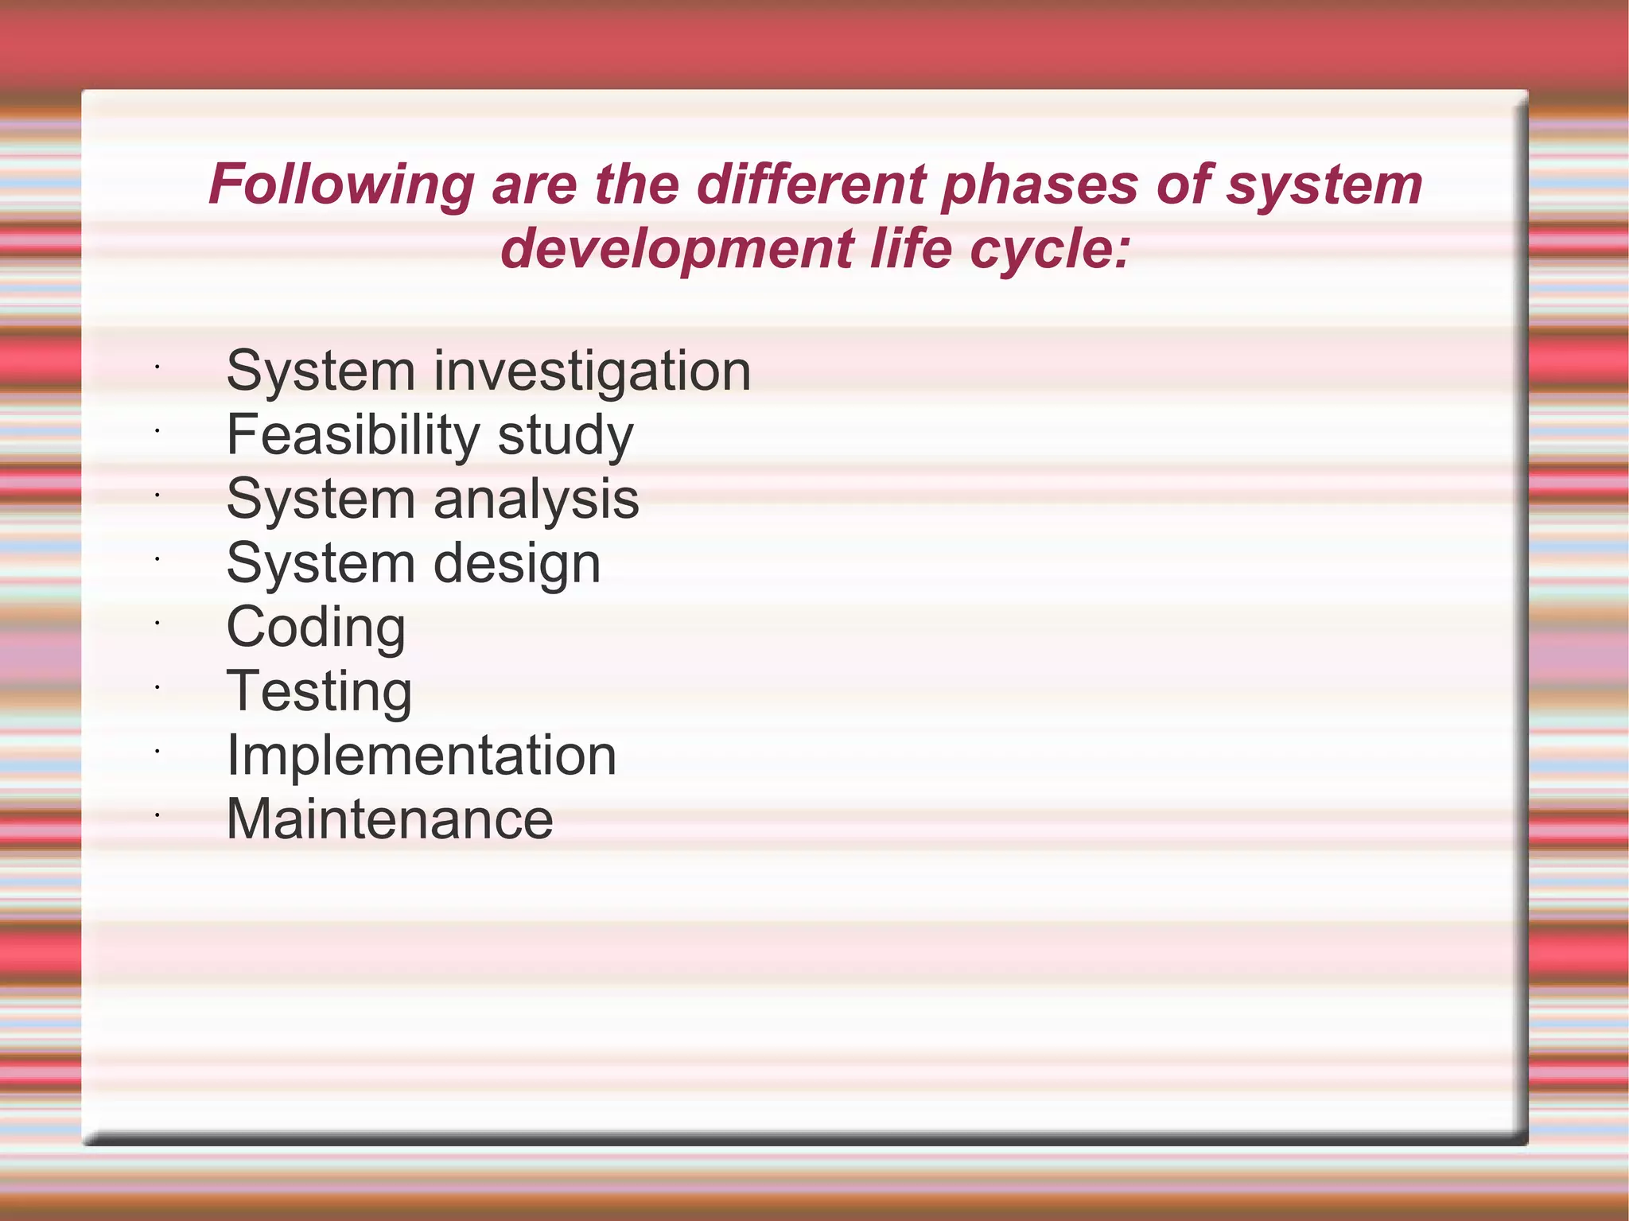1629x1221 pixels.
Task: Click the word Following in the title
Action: coord(341,185)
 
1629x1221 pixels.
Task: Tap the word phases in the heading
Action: coord(1040,185)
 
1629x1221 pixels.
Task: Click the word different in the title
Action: coord(811,185)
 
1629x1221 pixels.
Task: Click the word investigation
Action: coord(592,372)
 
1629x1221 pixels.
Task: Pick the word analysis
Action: coord(536,500)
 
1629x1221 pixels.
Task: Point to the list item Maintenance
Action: coord(390,819)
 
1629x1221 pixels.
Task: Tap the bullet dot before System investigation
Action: coord(157,367)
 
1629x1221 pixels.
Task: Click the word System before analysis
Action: coord(321,500)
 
